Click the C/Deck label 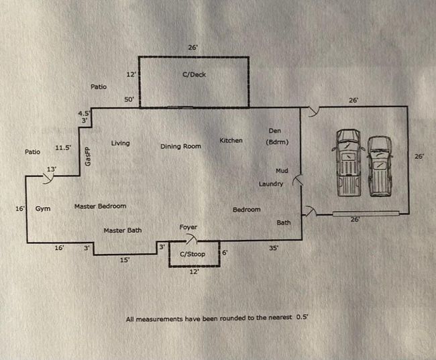[194, 75]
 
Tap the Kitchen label [231, 141]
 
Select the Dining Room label [181, 146]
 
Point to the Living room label [121, 143]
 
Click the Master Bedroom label [100, 206]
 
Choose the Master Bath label [122, 231]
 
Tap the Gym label [43, 209]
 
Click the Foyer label [188, 228]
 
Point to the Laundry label [271, 184]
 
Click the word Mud [282, 171]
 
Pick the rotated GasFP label [87, 157]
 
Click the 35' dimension [273, 248]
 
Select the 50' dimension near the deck [129, 100]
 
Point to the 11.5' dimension [64, 147]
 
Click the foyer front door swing [192, 238]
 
